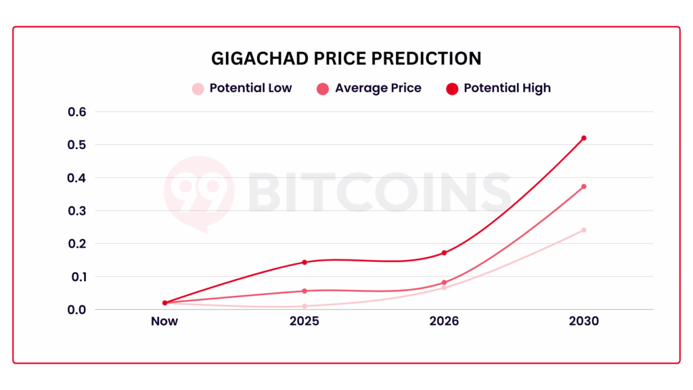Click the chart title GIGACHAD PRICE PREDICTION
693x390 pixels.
(346, 58)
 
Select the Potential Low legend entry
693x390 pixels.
(242, 88)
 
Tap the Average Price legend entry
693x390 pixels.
(369, 88)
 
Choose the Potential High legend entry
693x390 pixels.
(499, 88)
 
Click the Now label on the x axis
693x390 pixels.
(164, 321)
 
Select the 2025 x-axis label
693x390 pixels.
(304, 321)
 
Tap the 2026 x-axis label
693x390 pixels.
(444, 321)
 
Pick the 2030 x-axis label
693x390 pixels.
(583, 321)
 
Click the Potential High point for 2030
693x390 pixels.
(583, 138)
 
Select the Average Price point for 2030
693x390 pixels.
(583, 186)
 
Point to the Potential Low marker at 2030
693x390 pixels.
(583, 230)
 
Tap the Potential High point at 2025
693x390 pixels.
(305, 262)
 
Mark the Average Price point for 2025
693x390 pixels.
(305, 291)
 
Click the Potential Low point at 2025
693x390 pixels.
(305, 306)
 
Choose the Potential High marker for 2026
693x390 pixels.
(444, 253)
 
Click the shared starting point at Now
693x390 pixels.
(164, 303)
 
